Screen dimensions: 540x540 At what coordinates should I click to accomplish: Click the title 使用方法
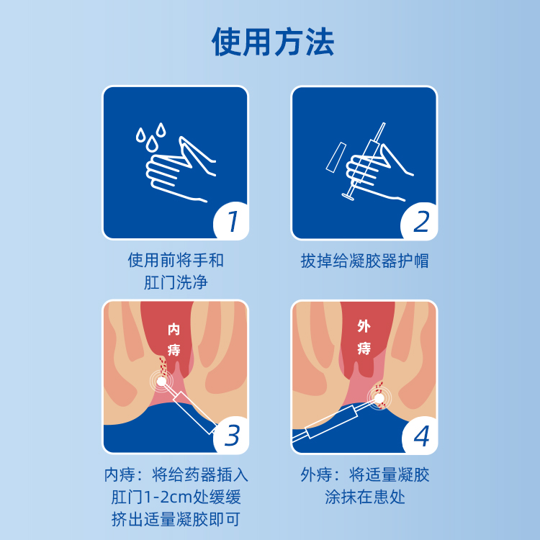(x=273, y=42)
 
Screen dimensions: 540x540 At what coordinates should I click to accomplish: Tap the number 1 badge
(x=231, y=220)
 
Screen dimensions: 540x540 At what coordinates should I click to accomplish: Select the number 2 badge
(x=420, y=221)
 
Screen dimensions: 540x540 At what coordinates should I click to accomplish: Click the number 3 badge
(x=231, y=436)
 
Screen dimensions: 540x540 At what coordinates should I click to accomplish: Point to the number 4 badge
(x=420, y=436)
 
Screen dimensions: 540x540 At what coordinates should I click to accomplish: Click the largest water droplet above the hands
(x=151, y=144)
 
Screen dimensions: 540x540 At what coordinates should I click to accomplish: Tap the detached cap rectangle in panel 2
(x=336, y=157)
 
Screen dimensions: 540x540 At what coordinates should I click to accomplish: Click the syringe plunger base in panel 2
(x=349, y=197)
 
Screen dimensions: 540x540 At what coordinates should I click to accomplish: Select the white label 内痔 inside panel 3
(x=174, y=340)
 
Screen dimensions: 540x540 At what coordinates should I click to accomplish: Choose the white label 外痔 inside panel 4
(x=364, y=337)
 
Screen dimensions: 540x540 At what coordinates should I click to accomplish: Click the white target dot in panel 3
(x=161, y=381)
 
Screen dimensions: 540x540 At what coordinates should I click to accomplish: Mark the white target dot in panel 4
(x=379, y=398)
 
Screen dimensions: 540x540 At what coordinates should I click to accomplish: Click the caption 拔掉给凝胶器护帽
(x=365, y=261)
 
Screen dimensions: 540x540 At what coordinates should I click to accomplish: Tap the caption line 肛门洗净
(x=176, y=282)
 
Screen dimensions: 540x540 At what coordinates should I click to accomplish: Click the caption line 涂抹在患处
(x=365, y=497)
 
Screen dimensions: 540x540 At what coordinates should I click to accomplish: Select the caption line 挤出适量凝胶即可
(x=176, y=519)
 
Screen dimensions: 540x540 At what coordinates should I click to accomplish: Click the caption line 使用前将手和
(x=176, y=260)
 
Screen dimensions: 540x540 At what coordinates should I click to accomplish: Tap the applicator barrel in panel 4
(x=332, y=422)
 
